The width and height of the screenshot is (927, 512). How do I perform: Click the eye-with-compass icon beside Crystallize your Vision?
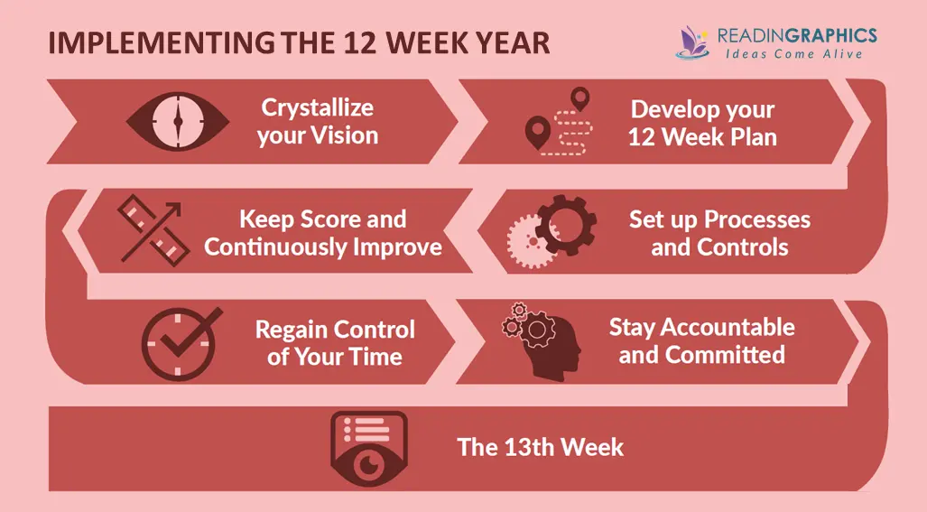(178, 121)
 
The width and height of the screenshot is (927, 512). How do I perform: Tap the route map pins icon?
(559, 122)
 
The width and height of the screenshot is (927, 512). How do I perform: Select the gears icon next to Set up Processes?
(552, 231)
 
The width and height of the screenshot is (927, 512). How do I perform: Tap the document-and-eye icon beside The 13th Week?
(369, 449)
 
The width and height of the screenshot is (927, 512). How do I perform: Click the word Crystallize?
(318, 108)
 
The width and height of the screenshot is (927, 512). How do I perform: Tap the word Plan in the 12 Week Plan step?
(754, 137)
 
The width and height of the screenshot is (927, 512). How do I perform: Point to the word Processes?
(757, 220)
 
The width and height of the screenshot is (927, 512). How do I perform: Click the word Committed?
(725, 355)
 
